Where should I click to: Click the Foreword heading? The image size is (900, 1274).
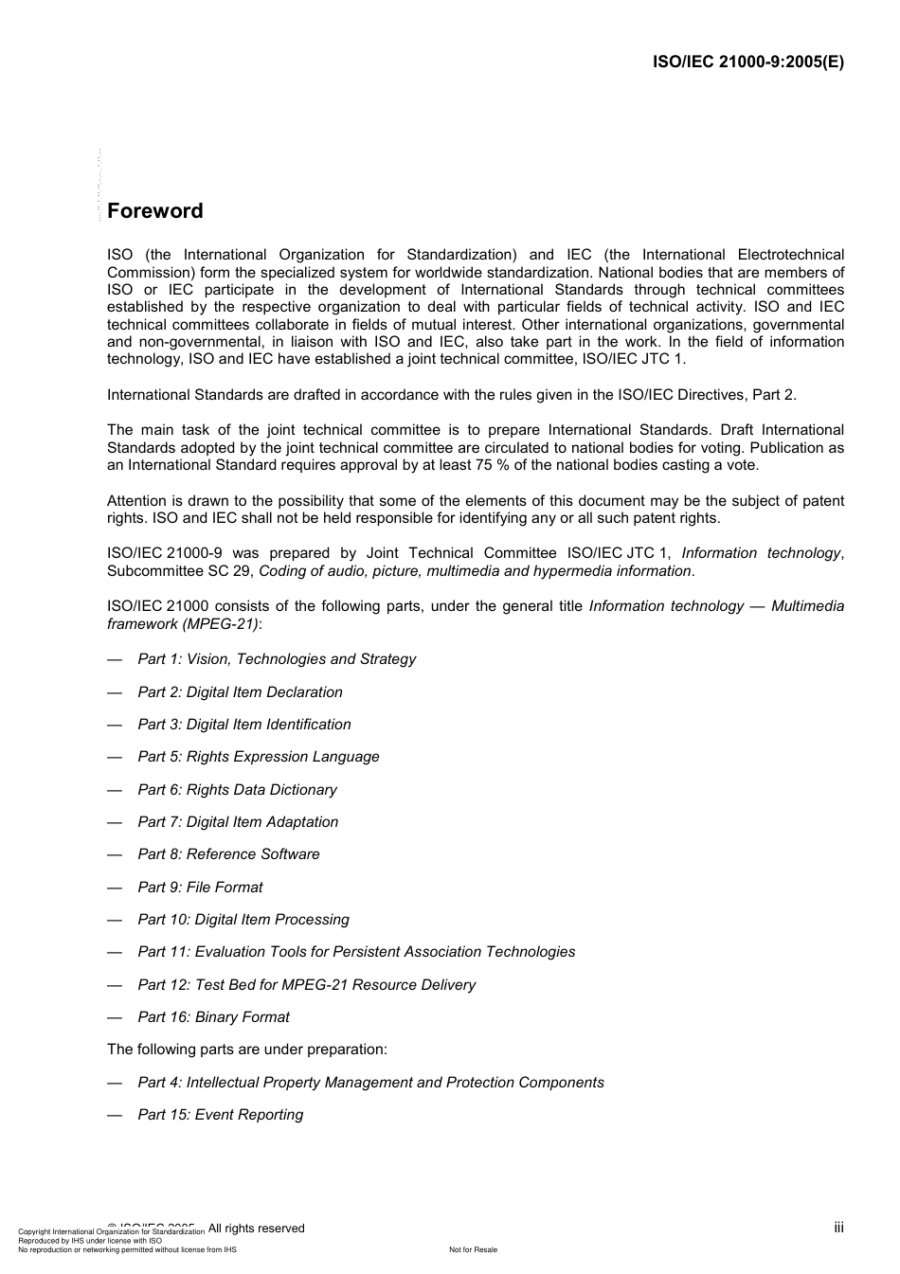coord(154,211)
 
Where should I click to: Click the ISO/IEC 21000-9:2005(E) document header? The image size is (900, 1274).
coord(748,63)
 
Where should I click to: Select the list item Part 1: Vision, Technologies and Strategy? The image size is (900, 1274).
coord(277,659)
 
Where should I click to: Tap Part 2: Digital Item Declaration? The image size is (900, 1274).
coord(240,692)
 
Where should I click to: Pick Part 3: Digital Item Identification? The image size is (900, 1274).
coord(243,725)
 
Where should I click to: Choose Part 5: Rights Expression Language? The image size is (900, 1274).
coord(258,757)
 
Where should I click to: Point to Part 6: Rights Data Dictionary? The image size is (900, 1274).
coord(237,790)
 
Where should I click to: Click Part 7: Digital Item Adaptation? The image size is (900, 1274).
coord(238,822)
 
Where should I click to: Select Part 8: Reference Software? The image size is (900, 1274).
coord(228,854)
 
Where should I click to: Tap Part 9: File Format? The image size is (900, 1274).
coord(200,888)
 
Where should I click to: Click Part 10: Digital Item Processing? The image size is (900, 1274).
coord(243,920)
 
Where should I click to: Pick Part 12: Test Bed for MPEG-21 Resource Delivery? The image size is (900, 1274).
coord(306,985)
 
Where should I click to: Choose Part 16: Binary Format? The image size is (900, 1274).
coord(213,1017)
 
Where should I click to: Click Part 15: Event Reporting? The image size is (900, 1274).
coord(220,1115)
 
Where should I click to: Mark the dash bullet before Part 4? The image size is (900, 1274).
coord(115,1083)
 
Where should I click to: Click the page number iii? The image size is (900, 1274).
coord(838,1228)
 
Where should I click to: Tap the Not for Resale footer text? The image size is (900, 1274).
coord(473,1249)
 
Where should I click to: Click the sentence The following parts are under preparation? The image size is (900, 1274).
coord(246,1050)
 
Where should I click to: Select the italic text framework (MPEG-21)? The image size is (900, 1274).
coord(182,624)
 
